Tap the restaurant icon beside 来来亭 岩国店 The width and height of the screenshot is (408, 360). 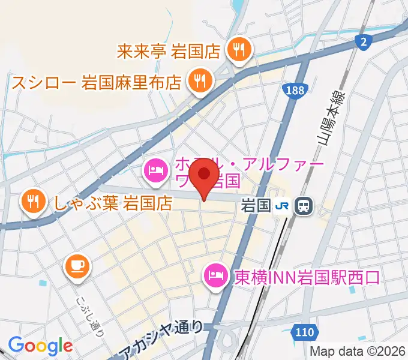239,50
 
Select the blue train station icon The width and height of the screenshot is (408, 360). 305,206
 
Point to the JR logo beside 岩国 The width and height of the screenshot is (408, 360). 283,206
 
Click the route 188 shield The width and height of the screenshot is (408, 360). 293,90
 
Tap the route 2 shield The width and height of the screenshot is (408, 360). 363,41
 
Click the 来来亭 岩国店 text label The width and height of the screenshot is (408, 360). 170,50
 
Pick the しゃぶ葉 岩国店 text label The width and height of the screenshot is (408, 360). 113,203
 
